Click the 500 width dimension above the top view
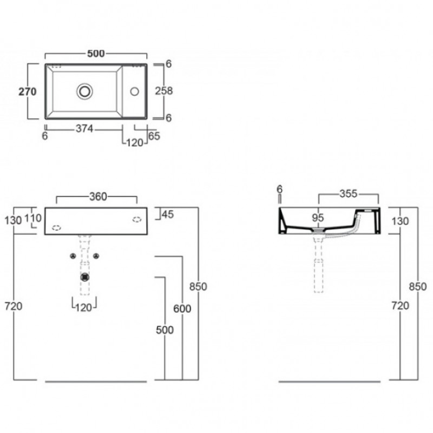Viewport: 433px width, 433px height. pos(96,53)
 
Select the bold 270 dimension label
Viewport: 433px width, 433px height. pos(28,91)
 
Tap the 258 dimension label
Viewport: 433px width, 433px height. pos(164,91)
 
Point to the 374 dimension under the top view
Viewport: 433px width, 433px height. pos(84,129)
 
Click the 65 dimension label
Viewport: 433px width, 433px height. pos(154,136)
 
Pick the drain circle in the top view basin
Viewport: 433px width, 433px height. pos(85,91)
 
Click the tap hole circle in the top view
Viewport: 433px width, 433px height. pos(134,91)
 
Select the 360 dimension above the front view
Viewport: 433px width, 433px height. pos(98,196)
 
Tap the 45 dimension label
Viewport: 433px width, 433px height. pos(168,214)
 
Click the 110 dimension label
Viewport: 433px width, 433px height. pos(33,218)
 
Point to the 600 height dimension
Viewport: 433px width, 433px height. pos(182,309)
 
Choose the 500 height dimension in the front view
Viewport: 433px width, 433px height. pos(165,330)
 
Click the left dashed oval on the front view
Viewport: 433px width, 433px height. pos(56,228)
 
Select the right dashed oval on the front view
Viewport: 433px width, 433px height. pos(137,220)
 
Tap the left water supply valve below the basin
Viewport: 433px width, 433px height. pos(73,256)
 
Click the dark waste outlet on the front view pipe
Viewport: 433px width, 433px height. pos(85,277)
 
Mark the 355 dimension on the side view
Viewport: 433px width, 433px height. pos(349,194)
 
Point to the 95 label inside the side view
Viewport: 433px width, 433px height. pos(318,218)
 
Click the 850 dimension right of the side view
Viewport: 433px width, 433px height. pos(418,287)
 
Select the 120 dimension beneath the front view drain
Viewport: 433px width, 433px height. pos(84,307)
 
